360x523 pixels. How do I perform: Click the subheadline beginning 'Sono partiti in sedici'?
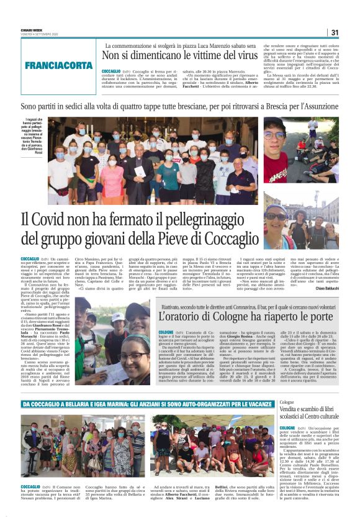tap(180, 107)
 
